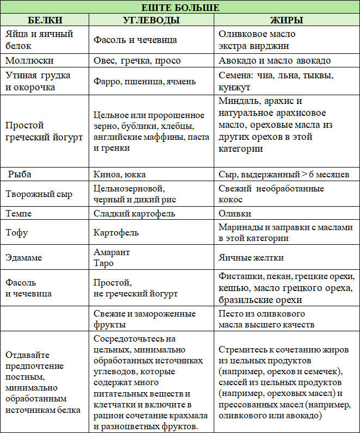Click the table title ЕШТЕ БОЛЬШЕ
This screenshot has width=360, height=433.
[x=180, y=8]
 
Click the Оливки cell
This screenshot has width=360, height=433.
[x=235, y=213]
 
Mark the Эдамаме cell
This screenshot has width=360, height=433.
[x=24, y=258]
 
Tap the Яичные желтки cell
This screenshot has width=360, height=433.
[x=251, y=258]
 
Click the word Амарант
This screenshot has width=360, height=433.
[x=111, y=252]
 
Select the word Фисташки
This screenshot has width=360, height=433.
[x=240, y=276]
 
